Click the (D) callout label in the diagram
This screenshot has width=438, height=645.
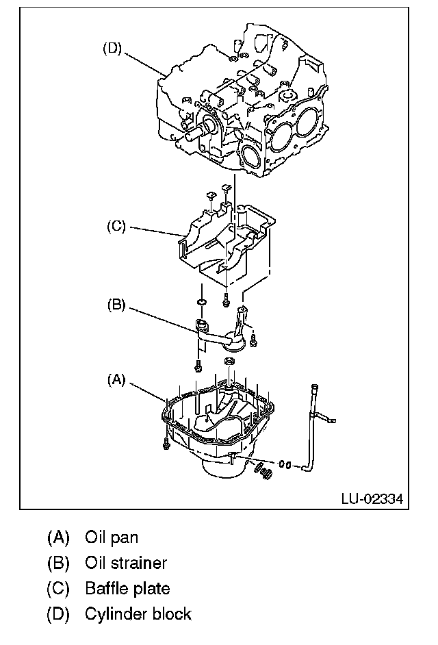(112, 49)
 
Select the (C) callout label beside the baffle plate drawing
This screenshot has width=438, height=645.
(116, 227)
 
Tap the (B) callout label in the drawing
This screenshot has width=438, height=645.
(116, 305)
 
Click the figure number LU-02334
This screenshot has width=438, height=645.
(372, 498)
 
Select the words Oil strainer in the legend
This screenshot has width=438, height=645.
(126, 562)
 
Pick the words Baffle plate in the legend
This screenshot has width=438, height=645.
(127, 587)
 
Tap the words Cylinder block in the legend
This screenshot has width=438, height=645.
(138, 614)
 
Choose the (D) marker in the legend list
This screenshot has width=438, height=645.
(59, 614)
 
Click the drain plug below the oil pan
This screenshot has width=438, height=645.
(263, 471)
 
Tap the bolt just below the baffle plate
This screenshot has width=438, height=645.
(226, 299)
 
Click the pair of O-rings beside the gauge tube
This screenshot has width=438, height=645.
(286, 464)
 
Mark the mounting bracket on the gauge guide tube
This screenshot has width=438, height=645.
(326, 417)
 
